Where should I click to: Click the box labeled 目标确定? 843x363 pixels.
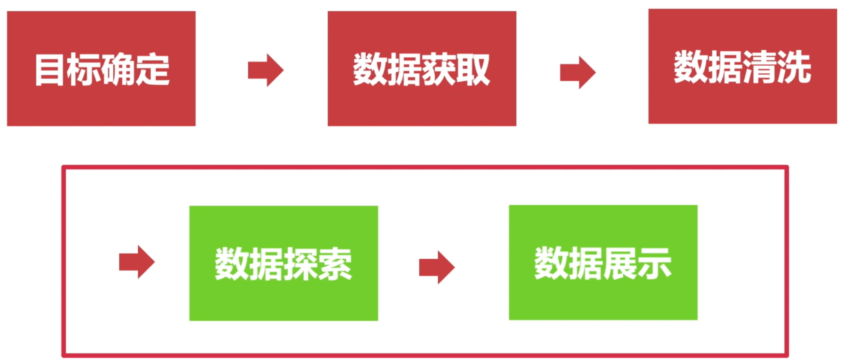tap(101, 69)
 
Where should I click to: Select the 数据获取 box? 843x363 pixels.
tap(422, 69)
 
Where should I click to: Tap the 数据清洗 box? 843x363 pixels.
tap(742, 66)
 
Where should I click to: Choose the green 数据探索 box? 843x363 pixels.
tap(284, 263)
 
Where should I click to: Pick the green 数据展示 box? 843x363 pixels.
tap(603, 263)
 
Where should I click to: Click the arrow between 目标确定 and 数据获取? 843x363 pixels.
tap(266, 70)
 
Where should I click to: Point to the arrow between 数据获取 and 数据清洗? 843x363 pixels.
tap(578, 72)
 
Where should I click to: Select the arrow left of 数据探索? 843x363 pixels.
tap(137, 262)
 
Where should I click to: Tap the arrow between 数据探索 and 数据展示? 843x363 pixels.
tap(437, 267)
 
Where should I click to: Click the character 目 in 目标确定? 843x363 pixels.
tap(49, 70)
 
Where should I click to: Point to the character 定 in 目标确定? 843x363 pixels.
tap(152, 70)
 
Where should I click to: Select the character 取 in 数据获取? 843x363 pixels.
tap(473, 70)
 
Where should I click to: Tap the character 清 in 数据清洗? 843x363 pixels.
tap(759, 67)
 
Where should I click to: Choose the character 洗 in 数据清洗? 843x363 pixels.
tap(794, 67)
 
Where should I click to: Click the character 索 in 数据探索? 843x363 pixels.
tap(335, 264)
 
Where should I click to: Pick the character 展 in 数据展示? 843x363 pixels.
tap(620, 264)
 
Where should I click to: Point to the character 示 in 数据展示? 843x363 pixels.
tap(654, 264)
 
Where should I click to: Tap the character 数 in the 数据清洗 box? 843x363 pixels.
tap(691, 67)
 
